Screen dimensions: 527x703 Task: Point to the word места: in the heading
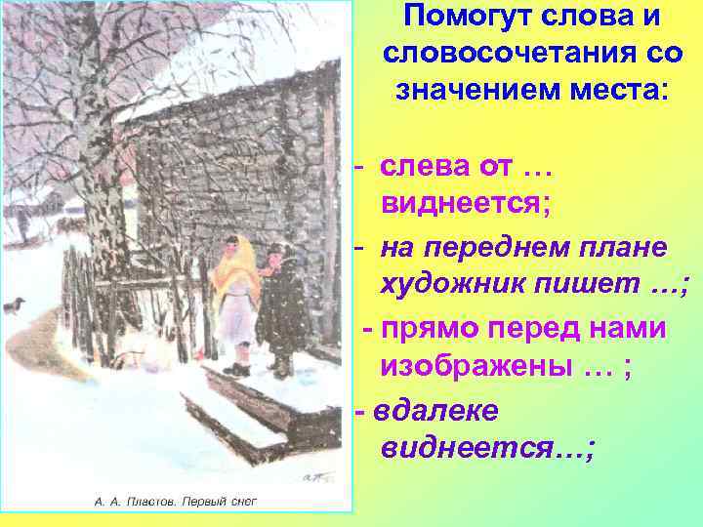pyautogui.click(x=619, y=91)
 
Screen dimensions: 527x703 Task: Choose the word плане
pyautogui.click(x=624, y=248)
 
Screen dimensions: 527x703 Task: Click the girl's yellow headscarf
pyautogui.click(x=234, y=263)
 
